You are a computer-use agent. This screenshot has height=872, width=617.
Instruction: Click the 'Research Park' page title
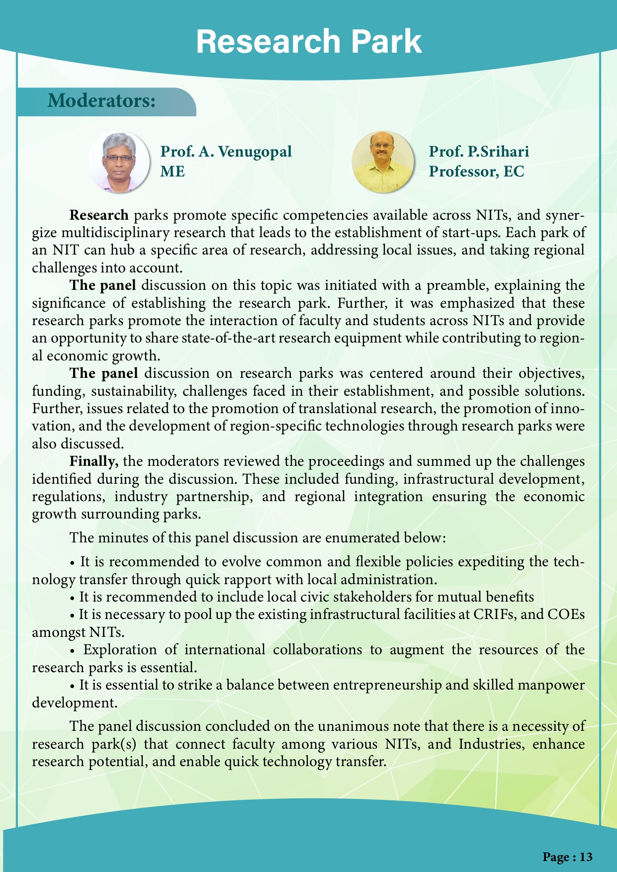click(x=309, y=42)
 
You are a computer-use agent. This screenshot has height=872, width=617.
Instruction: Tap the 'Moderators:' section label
click(x=102, y=101)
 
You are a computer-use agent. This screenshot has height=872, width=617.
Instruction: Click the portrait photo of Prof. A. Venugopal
click(x=119, y=162)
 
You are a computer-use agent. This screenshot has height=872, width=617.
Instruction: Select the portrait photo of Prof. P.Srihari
click(x=382, y=162)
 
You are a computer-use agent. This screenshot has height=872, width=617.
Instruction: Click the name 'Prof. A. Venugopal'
click(x=226, y=151)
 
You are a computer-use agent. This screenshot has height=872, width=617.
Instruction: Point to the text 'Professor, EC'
click(x=476, y=172)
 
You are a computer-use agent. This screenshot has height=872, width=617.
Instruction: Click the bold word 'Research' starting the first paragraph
click(x=99, y=215)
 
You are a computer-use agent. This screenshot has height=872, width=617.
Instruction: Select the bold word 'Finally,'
click(x=94, y=461)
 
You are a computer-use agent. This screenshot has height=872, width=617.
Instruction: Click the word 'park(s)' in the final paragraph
click(x=116, y=744)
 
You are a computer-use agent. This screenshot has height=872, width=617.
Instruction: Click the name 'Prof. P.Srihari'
click(x=479, y=151)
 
